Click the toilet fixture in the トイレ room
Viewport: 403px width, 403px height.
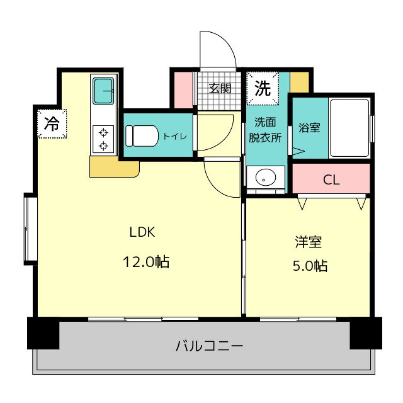(142, 135)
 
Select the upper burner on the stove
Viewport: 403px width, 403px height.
(103, 133)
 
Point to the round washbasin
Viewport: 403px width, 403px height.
(266, 178)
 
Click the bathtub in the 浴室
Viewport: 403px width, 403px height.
(349, 128)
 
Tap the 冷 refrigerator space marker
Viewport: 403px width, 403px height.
(52, 123)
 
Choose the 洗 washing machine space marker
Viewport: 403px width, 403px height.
(263, 88)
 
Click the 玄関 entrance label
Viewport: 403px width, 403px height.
(220, 89)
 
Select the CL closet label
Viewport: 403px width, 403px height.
(331, 180)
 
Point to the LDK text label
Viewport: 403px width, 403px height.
(142, 232)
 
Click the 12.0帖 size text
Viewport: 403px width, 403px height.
(146, 262)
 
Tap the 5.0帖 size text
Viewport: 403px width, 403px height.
(310, 266)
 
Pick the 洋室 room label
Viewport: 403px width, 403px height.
(309, 242)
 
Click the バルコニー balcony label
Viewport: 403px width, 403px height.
(210, 346)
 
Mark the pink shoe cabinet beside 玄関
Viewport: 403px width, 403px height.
(183, 90)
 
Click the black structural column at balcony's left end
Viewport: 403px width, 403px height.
(43, 333)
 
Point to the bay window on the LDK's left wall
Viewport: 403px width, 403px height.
(31, 229)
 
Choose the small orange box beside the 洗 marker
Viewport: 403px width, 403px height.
(300, 82)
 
